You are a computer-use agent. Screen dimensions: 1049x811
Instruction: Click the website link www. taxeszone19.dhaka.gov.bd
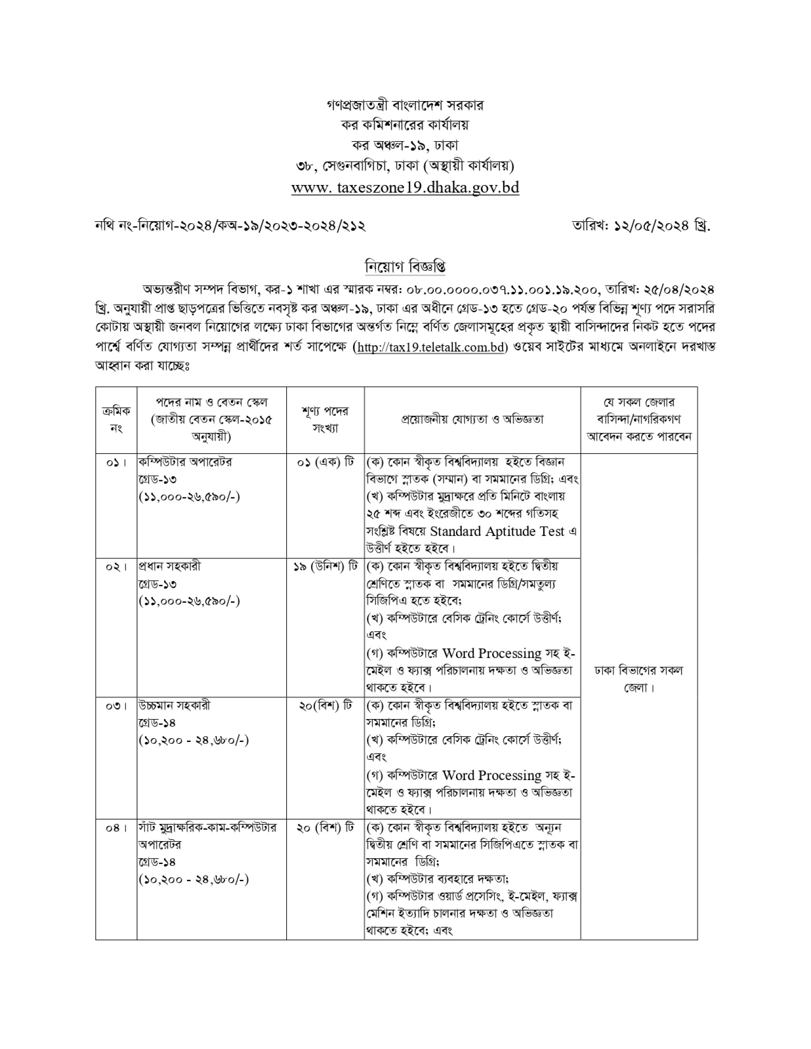pos(405,187)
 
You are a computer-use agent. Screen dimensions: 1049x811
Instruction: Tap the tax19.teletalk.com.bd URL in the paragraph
pos(430,347)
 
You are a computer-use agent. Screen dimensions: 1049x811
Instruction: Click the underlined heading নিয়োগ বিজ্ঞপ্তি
pos(405,266)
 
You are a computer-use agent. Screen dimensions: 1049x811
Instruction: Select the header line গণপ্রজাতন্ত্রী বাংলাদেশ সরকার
pos(405,105)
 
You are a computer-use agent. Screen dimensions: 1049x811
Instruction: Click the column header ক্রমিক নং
pos(116,419)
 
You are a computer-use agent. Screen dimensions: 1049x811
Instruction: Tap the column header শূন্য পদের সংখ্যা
pos(325,419)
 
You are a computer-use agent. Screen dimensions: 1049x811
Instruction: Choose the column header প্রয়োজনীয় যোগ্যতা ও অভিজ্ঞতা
pos(472,419)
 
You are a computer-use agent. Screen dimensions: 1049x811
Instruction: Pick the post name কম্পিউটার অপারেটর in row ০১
pos(186,462)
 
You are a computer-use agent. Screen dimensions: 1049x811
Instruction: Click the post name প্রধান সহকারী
pos(170,566)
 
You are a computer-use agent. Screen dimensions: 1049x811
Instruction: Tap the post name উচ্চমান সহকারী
pos(174,706)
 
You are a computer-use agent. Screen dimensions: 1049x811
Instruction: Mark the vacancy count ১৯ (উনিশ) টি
pos(325,567)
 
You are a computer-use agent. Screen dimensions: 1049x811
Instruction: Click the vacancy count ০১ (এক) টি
pos(325,463)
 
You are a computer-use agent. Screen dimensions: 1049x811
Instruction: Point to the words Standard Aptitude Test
pos(497,531)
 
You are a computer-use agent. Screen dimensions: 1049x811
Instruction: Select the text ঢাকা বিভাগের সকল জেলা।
pos(638,679)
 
